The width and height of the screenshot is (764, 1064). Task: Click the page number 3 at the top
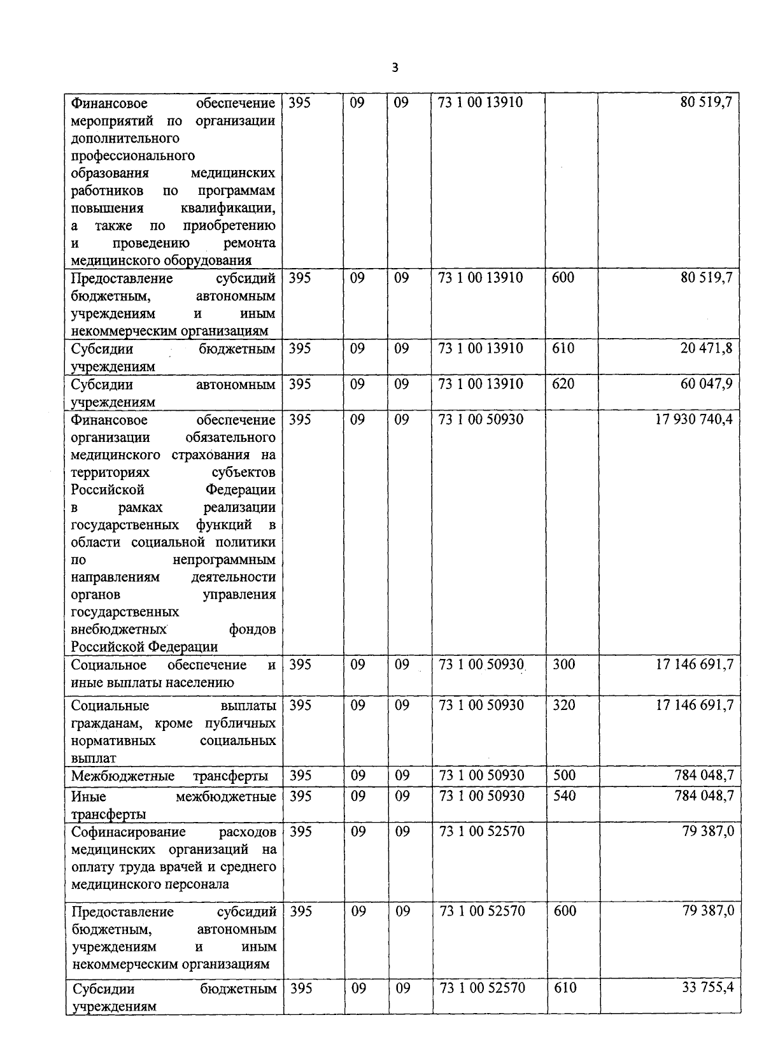(395, 67)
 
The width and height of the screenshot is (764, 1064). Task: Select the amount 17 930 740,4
(694, 420)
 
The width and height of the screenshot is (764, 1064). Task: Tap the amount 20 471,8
(706, 348)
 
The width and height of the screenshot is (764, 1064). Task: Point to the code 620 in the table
(563, 384)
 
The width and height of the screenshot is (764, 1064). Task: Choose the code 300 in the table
(563, 665)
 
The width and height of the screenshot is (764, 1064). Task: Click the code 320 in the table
(563, 706)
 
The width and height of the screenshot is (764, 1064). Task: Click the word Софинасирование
(129, 832)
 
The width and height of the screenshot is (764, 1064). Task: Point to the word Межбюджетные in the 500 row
(123, 776)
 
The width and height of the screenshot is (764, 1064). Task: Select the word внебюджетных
(119, 630)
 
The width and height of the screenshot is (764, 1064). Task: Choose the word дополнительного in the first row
(125, 138)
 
